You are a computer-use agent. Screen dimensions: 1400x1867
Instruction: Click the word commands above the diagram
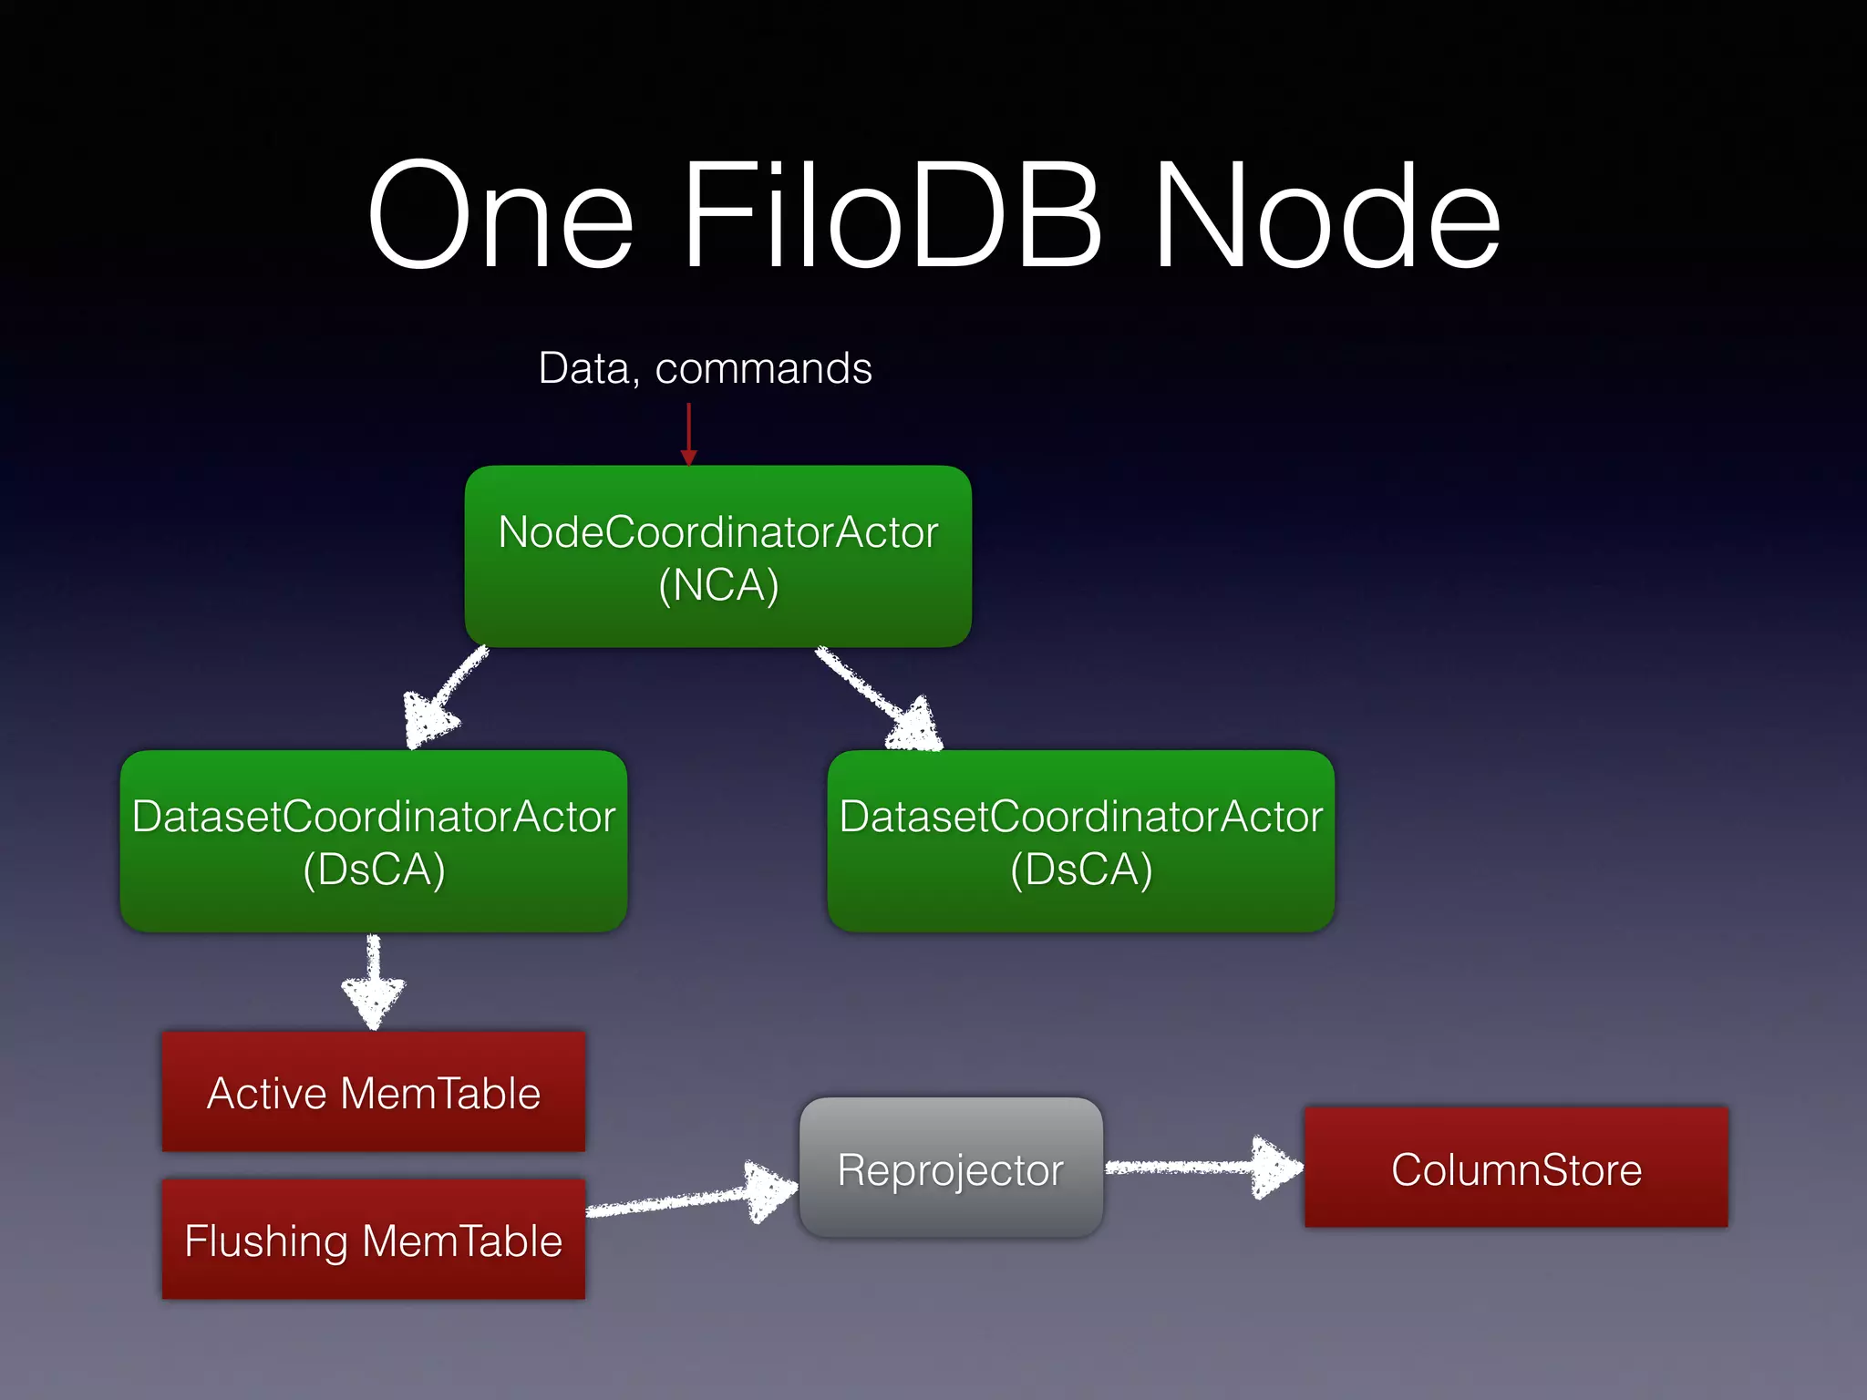coord(763,369)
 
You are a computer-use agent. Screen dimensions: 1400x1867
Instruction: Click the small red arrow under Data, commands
coord(689,435)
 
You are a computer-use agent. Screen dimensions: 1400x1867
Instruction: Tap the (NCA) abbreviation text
coord(718,585)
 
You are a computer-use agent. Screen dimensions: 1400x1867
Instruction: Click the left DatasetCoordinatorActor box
coord(374,840)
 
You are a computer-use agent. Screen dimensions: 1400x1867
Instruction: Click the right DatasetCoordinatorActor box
coord(1080,840)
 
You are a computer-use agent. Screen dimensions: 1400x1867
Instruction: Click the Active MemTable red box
coord(373,1092)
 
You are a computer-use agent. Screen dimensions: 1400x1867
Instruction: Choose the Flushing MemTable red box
coord(373,1240)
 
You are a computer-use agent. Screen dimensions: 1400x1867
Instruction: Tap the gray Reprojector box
coord(951,1168)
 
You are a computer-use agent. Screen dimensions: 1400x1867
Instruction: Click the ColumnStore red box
coord(1516,1168)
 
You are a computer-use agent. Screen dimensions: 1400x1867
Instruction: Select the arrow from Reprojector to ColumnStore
coord(1203,1167)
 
